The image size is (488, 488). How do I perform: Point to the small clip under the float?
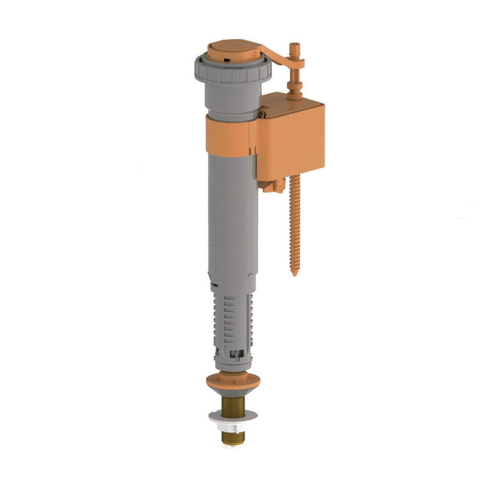tap(274, 186)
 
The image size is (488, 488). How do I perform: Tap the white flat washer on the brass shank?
tap(233, 416)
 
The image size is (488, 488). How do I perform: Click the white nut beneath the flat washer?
tap(233, 425)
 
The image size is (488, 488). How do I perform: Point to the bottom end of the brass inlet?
tap(233, 442)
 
